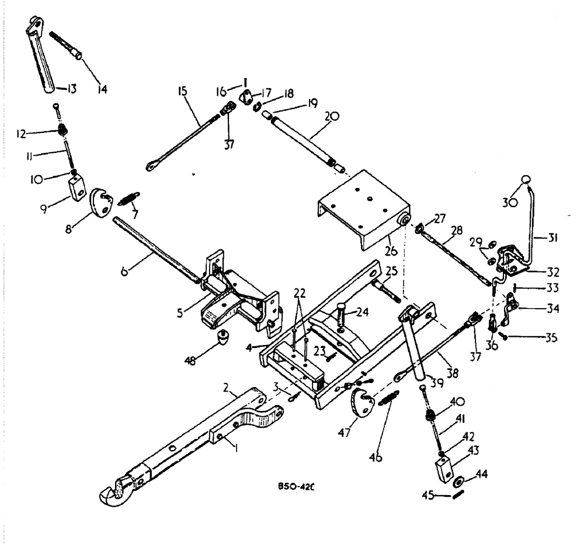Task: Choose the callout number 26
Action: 388,253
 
